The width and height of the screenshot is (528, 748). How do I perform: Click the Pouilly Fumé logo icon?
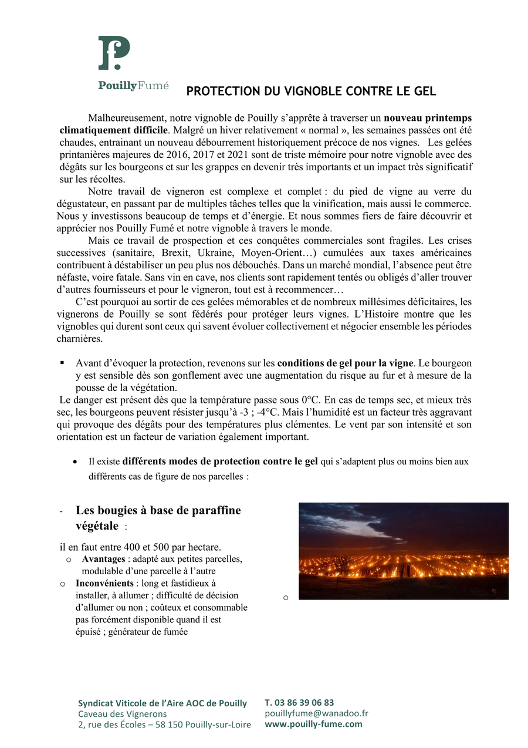114,53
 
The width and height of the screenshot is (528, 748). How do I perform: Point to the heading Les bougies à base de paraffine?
158,510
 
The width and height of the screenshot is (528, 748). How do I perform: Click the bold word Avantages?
103,559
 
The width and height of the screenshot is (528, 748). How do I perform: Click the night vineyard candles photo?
403,551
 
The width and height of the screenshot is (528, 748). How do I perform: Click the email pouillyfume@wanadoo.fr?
316,713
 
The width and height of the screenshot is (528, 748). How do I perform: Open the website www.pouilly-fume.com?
313,724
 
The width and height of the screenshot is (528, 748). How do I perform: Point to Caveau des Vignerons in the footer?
122,714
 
